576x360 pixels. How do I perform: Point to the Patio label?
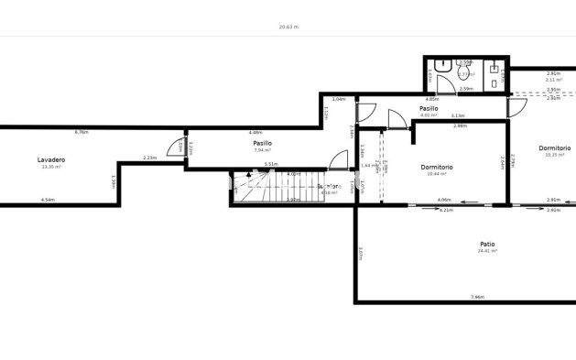(487, 244)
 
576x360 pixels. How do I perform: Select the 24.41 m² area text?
(487, 251)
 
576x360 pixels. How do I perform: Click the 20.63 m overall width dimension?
(288, 27)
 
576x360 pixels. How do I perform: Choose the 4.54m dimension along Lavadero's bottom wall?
(48, 200)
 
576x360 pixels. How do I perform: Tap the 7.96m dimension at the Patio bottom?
(476, 297)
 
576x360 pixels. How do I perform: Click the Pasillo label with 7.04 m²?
(264, 143)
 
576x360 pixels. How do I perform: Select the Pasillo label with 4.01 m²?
(428, 109)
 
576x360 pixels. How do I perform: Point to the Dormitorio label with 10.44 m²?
(437, 167)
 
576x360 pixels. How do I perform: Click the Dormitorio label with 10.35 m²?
(554, 147)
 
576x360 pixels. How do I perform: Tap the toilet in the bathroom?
(441, 67)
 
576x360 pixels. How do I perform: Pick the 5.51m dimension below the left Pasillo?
(270, 164)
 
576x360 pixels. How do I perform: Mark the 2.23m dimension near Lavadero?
(150, 158)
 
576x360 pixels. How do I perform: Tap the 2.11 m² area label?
(552, 80)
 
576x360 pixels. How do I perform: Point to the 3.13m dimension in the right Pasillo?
(458, 116)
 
